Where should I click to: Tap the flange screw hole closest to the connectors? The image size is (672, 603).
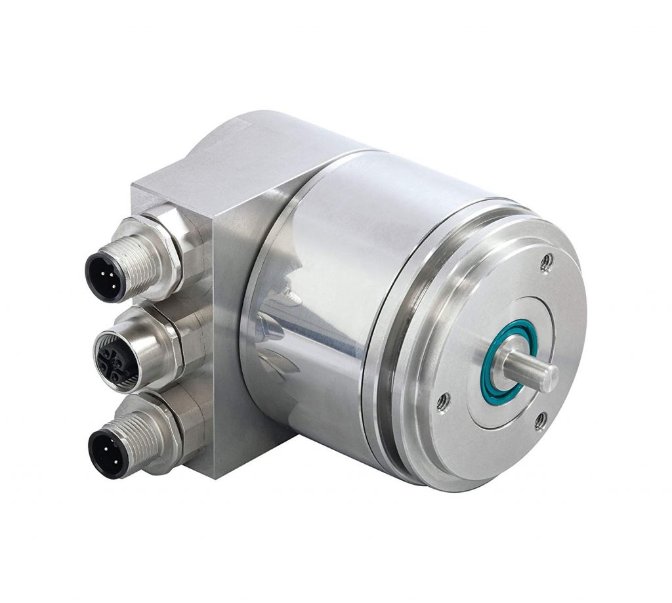(443, 400)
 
